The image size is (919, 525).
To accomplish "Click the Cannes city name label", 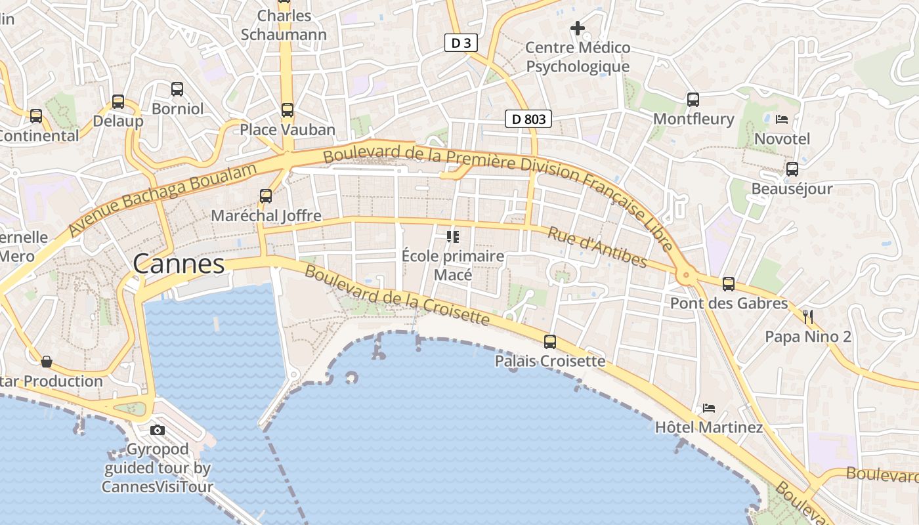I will [179, 264].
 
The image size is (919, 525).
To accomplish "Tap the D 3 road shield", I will [461, 43].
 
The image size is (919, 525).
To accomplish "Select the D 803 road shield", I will [528, 119].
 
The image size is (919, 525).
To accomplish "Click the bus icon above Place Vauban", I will [288, 110].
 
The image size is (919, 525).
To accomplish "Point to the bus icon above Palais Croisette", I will [550, 341].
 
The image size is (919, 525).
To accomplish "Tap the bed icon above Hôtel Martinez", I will [709, 408].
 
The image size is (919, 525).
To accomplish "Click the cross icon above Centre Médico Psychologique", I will [578, 28].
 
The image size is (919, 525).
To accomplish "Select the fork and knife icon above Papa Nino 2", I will [808, 317].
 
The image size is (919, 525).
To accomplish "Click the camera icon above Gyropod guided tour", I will [158, 430].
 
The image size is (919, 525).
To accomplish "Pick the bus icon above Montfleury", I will [693, 100].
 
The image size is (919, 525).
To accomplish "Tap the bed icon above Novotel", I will [782, 119].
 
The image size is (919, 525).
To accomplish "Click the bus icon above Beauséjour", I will [792, 169].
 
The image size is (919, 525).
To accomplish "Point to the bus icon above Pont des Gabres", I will [729, 284].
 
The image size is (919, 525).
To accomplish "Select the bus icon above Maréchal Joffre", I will [266, 196].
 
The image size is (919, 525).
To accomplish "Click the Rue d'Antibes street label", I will [597, 248].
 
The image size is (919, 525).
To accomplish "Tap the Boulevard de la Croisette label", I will [397, 295].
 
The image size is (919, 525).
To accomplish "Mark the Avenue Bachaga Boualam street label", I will [161, 200].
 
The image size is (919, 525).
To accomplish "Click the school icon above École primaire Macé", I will [452, 236].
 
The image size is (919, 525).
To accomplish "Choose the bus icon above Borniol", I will [177, 89].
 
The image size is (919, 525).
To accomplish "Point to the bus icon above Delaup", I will [118, 102].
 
